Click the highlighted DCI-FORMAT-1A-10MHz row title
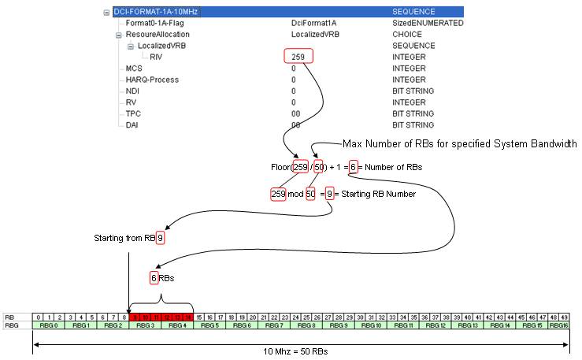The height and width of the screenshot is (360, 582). (x=150, y=13)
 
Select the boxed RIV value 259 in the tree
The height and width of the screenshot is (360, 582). (x=298, y=57)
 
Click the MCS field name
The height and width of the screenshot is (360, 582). (x=134, y=69)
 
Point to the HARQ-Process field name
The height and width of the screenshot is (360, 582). (x=152, y=80)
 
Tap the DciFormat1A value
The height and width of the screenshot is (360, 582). (x=314, y=24)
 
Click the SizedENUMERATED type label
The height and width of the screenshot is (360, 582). (x=428, y=24)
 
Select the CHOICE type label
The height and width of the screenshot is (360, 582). (x=407, y=35)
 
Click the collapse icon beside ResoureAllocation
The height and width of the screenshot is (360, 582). (x=119, y=35)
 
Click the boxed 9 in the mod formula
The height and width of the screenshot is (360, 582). (x=330, y=194)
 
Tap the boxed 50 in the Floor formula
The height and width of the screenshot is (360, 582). (x=319, y=167)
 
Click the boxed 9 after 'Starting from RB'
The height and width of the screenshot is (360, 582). (x=160, y=237)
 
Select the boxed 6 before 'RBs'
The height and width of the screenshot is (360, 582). (x=154, y=277)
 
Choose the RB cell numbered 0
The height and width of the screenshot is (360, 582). (x=38, y=317)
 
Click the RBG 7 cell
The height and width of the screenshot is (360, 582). (x=274, y=325)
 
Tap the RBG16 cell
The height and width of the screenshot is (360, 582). (x=558, y=325)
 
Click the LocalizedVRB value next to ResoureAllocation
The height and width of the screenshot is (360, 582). (x=314, y=35)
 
